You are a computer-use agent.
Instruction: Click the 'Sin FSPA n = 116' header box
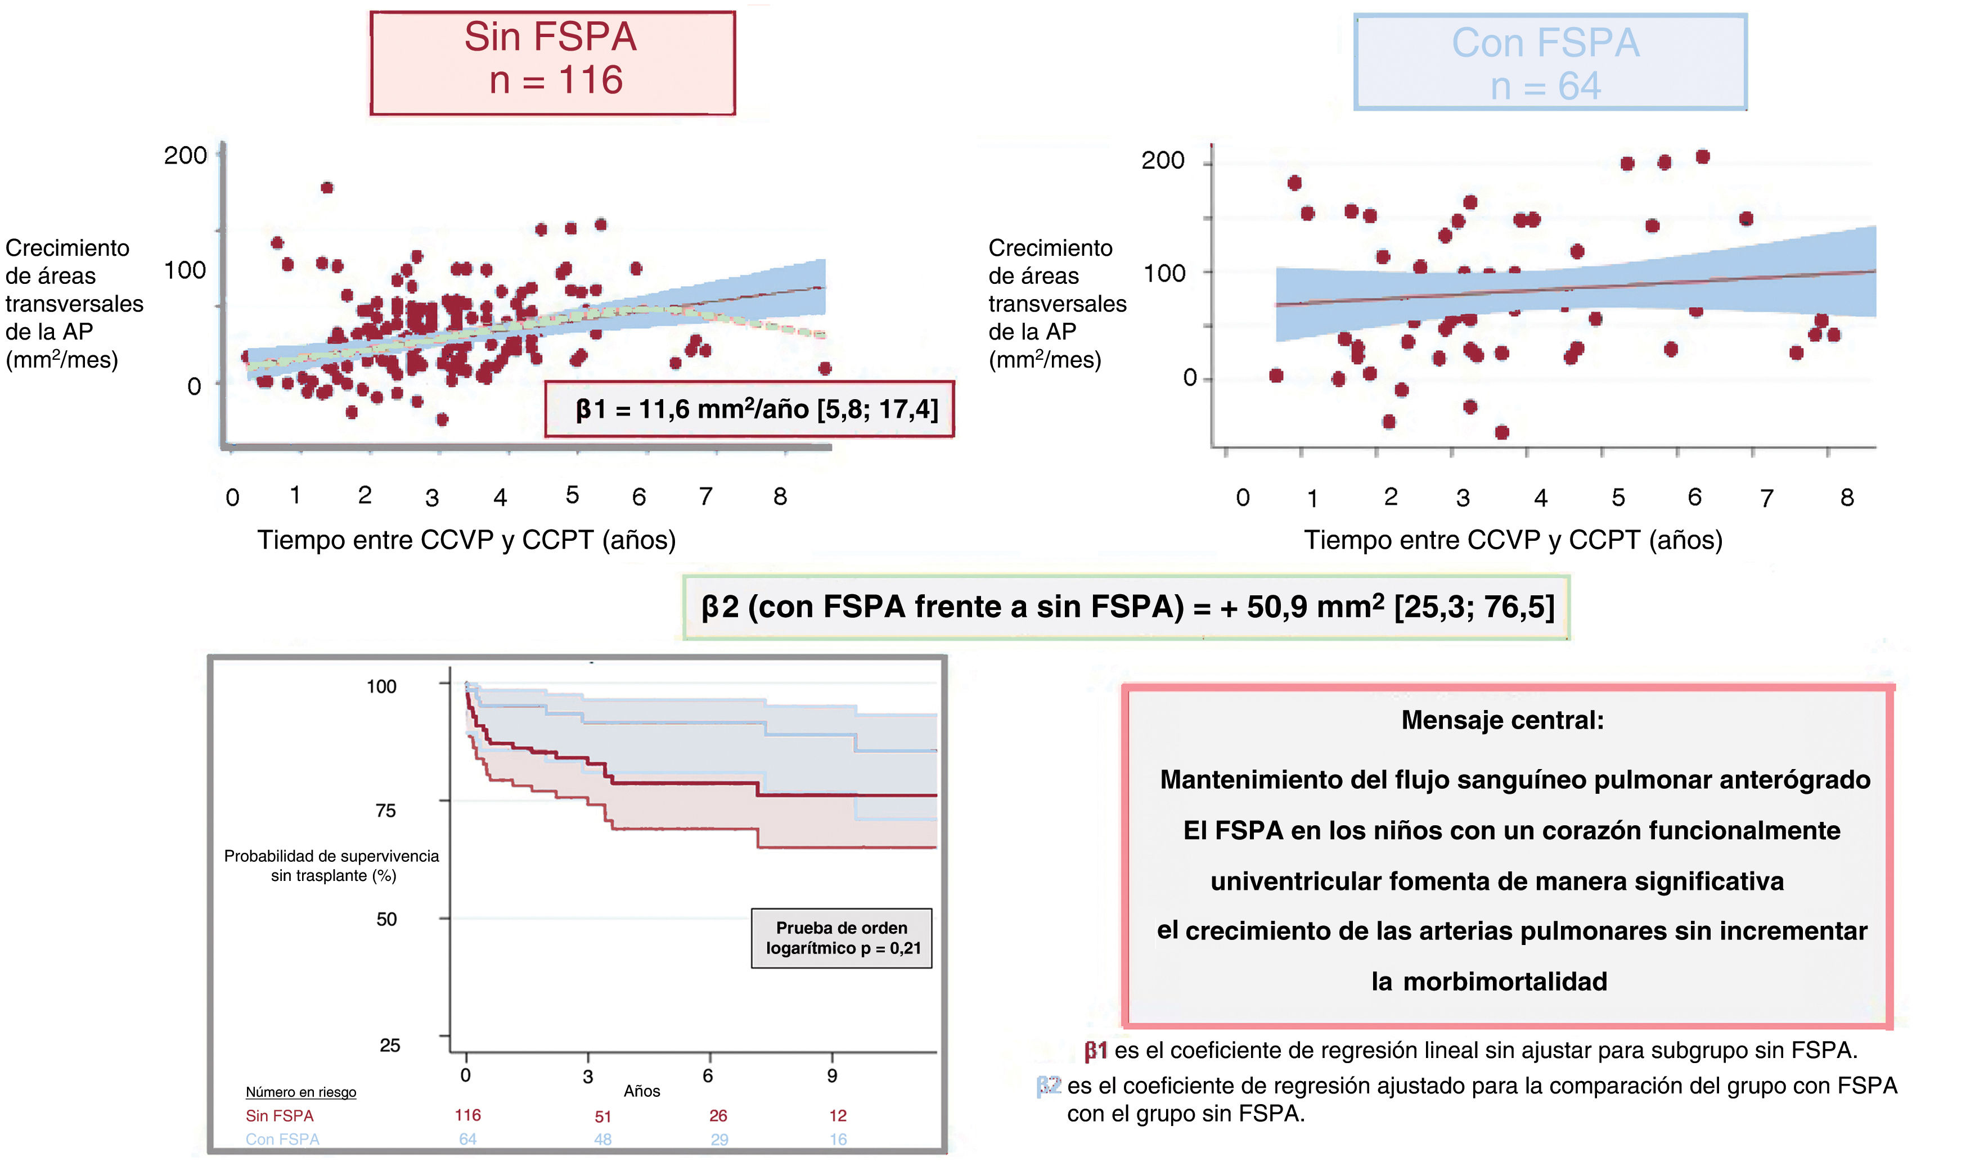pos(552,62)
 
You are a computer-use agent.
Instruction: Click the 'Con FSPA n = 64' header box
pos(1549,62)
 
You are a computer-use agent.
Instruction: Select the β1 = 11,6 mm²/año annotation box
pos(749,409)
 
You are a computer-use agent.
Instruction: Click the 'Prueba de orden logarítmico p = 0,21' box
pos(841,938)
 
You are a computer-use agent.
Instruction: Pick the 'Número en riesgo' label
pos(301,1092)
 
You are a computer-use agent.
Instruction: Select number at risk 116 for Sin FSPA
pos(467,1115)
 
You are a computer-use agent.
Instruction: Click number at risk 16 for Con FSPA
pos(838,1140)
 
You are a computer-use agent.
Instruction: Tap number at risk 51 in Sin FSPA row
pos(602,1116)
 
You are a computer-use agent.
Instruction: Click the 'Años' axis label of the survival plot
pos(641,1091)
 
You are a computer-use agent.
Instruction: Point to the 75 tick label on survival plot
pos(385,811)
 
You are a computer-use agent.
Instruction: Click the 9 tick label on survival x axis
pos(832,1076)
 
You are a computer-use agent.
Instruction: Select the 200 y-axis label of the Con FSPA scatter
pos(1162,161)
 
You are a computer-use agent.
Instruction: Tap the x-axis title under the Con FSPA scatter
pos(1513,540)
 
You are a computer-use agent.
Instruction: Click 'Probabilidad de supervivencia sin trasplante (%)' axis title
pos(332,865)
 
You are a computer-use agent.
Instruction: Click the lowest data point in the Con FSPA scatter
pos(1501,432)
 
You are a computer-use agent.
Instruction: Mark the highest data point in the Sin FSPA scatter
pos(327,188)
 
